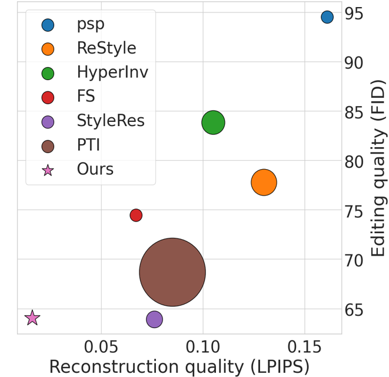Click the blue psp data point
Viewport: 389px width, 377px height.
(x=327, y=17)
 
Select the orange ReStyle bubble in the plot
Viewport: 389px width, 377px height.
(x=264, y=183)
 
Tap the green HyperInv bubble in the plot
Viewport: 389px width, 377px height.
(x=213, y=123)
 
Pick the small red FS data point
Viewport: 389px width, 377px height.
(x=136, y=216)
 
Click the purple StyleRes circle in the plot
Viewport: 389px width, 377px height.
(x=154, y=319)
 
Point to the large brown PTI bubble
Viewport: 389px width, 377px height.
(x=172, y=272)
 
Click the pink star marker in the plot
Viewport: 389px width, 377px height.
(x=32, y=318)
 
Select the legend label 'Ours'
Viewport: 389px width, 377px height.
(x=95, y=170)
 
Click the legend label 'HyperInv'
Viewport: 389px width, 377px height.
(x=112, y=72)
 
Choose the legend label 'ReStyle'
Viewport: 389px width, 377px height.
(x=106, y=48)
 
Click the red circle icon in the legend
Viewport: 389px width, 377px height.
(x=48, y=97)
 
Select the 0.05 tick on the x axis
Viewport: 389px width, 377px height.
(x=101, y=343)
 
